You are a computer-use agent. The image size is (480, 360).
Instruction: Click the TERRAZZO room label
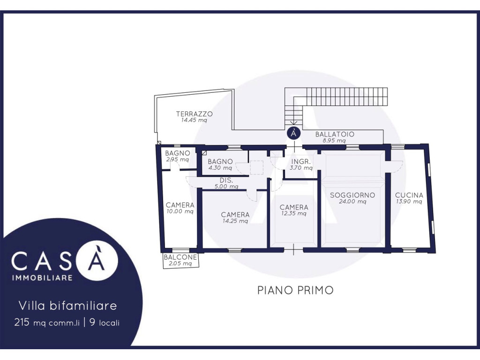[194, 114]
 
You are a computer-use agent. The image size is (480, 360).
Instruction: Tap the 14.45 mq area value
[194, 120]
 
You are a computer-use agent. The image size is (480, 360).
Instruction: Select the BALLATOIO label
[335, 134]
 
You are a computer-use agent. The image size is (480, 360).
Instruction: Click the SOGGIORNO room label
[352, 195]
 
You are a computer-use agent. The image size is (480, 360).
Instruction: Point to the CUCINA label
[409, 195]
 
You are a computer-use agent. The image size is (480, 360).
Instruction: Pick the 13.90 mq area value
[409, 202]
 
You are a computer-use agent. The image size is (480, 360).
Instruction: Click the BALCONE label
[180, 257]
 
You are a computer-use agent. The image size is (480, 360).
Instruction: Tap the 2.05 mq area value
[180, 263]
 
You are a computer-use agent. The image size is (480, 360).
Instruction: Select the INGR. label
[301, 162]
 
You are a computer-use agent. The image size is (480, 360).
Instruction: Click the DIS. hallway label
[226, 180]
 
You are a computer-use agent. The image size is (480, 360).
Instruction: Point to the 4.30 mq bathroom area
[220, 168]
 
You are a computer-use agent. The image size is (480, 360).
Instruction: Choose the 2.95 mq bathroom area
[178, 159]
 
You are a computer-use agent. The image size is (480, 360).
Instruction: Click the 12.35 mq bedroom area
[293, 213]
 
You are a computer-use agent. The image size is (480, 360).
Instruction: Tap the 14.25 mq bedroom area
[235, 221]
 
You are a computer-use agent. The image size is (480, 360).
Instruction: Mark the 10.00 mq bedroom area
[180, 211]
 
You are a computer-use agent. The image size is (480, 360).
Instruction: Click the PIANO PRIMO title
[295, 290]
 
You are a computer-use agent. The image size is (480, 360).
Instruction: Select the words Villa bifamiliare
[68, 306]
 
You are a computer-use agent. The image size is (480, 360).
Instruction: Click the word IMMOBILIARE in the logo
[42, 277]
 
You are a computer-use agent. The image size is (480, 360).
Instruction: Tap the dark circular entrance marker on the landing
[293, 134]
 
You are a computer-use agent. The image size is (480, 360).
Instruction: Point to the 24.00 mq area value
[352, 202]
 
